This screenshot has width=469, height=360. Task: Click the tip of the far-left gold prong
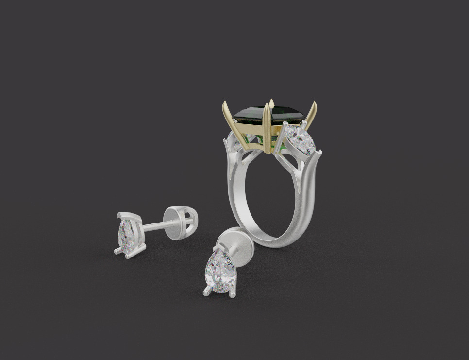click(224, 103)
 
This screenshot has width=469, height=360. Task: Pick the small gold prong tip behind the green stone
click(272, 102)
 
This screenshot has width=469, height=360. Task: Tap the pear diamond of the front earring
click(219, 271)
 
